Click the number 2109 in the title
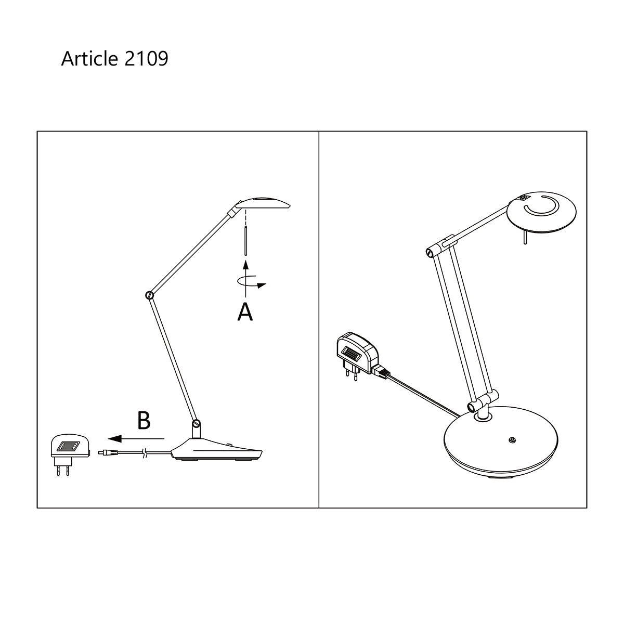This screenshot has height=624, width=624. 146,59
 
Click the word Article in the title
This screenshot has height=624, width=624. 89,59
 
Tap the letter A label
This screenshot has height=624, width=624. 245,312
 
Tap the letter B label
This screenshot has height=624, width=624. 144,421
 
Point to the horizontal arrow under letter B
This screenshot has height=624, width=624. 137,438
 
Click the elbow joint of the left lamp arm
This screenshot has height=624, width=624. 150,295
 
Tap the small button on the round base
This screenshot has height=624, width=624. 513,440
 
